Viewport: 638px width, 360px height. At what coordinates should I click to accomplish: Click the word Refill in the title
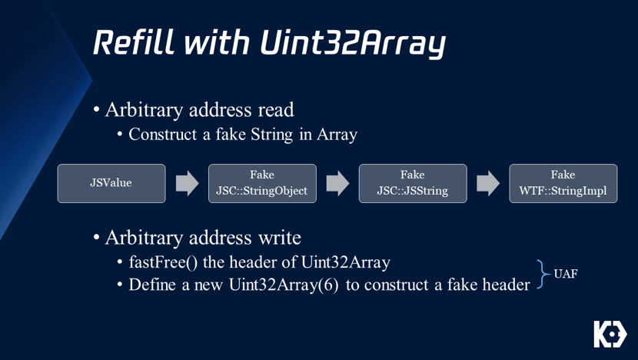pyautogui.click(x=135, y=42)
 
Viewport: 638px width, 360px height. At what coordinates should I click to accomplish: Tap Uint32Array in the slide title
pyautogui.click(x=353, y=44)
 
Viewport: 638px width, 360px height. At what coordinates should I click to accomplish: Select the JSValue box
pyautogui.click(x=111, y=183)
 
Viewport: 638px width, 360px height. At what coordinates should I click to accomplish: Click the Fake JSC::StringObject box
pyautogui.click(x=262, y=183)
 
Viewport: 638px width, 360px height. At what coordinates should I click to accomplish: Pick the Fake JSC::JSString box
pyautogui.click(x=413, y=183)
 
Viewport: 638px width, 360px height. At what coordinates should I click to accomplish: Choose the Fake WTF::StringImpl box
pyautogui.click(x=563, y=183)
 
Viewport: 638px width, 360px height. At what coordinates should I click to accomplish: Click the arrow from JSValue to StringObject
pyautogui.click(x=187, y=183)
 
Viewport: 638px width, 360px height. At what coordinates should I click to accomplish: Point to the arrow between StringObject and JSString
pyautogui.click(x=337, y=183)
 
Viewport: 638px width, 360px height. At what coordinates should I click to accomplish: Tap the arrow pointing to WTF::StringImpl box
pyautogui.click(x=488, y=183)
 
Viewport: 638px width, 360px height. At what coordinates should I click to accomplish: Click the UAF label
pyautogui.click(x=566, y=274)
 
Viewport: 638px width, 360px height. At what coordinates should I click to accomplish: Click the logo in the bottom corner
pyautogui.click(x=610, y=334)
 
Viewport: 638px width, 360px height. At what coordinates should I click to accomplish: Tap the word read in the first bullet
pyautogui.click(x=275, y=110)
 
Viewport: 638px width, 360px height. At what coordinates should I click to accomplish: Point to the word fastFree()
pyautogui.click(x=163, y=262)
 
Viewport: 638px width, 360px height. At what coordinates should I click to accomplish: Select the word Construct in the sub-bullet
pyautogui.click(x=162, y=135)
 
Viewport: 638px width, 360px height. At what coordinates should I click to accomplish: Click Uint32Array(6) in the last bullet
pyautogui.click(x=284, y=285)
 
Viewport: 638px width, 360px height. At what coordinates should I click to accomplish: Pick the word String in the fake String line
pyautogui.click(x=271, y=135)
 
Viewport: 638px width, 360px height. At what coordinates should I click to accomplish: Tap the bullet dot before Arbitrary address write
pyautogui.click(x=96, y=238)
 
